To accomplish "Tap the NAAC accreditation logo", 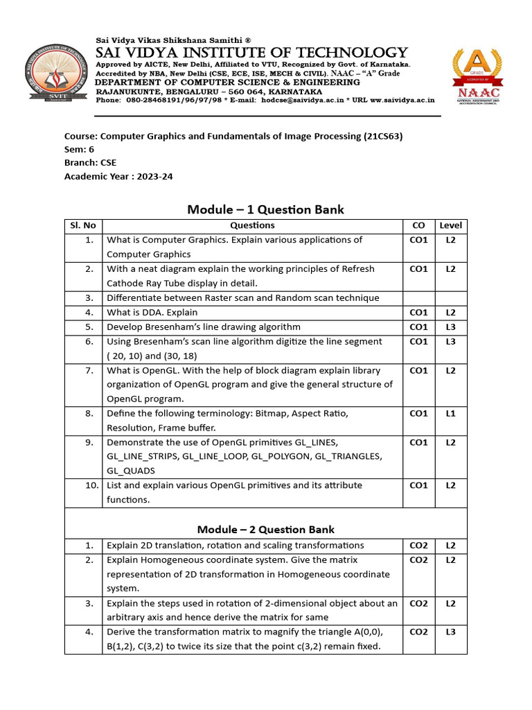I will [x=477, y=76].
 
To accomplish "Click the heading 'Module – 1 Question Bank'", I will [x=266, y=209].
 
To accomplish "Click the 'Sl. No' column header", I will [x=83, y=225].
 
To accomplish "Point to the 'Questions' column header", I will [x=252, y=225].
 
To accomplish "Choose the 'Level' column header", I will [x=450, y=225].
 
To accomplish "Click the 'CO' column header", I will [x=418, y=225].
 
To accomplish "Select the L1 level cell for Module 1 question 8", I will [x=450, y=414].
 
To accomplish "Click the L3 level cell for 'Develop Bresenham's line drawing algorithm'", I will [x=450, y=327].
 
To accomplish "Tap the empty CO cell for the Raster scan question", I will [x=418, y=298].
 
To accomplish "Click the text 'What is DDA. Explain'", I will [x=152, y=313].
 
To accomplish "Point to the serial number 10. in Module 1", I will [x=92, y=485].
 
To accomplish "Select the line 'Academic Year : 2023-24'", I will [x=118, y=176].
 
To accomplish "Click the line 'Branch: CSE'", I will [x=90, y=163].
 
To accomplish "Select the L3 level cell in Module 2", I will [x=450, y=632].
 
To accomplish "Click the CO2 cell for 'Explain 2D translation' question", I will [x=418, y=545].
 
